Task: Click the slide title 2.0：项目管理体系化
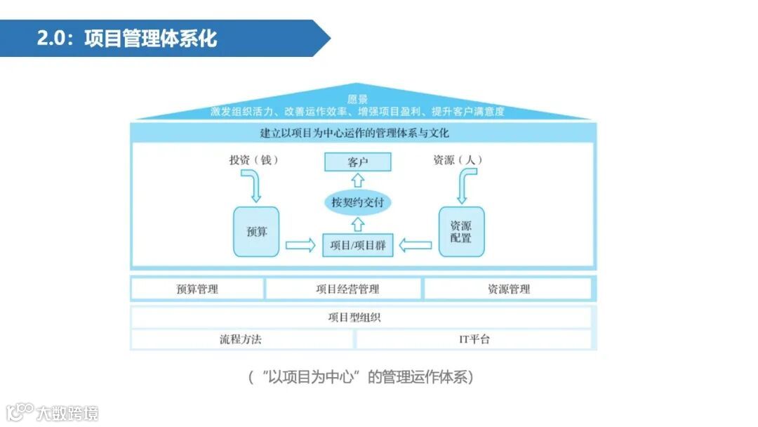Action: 127,38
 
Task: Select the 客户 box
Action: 357,162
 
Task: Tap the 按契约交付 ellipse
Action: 357,203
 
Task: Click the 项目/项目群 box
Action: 357,245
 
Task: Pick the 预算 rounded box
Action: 256,231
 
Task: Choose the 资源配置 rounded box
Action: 461,231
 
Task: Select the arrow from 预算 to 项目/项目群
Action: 300,245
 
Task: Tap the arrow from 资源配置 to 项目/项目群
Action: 415,245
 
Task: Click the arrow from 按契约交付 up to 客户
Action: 357,181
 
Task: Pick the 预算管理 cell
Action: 197,289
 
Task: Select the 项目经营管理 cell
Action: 344,289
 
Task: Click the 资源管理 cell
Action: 508,289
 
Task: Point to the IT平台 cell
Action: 474,339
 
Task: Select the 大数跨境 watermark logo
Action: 52,412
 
